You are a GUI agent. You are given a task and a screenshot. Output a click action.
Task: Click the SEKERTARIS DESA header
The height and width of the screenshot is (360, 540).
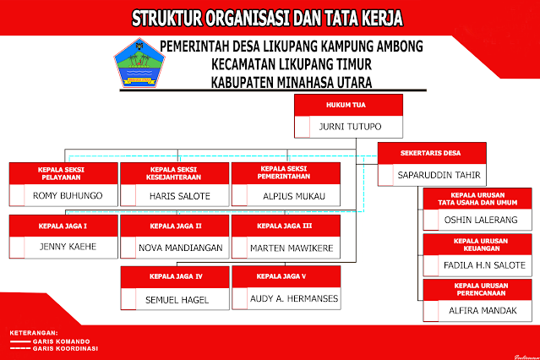pos(431,153)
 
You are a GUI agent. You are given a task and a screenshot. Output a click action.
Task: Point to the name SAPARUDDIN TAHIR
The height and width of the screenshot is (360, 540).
pos(439,176)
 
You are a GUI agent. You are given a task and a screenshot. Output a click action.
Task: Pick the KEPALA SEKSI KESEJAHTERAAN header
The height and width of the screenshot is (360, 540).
pos(173,172)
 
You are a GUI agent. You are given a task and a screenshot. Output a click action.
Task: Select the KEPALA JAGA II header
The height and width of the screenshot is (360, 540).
pos(175,226)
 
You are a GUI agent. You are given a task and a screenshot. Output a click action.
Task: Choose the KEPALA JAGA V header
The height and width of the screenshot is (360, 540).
pos(285,276)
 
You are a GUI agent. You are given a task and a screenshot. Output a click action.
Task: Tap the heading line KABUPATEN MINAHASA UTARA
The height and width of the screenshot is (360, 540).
pos(292,82)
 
